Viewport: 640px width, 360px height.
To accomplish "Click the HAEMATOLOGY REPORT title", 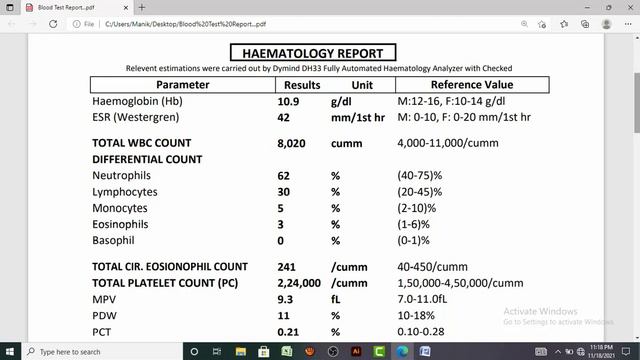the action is coord(313,53).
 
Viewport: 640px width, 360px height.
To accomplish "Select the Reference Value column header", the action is coord(471,85).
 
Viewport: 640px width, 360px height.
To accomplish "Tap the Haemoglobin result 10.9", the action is coord(288,102).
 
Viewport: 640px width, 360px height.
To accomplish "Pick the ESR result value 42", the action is coord(284,118).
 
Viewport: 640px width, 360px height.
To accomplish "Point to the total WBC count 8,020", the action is coord(290,143).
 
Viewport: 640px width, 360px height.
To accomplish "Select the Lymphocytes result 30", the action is coord(284,191).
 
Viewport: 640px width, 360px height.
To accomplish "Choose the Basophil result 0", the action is coord(281,240).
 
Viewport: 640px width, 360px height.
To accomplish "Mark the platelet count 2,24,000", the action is coord(298,283).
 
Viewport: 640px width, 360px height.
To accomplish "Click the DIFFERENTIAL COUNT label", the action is coord(147,159).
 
